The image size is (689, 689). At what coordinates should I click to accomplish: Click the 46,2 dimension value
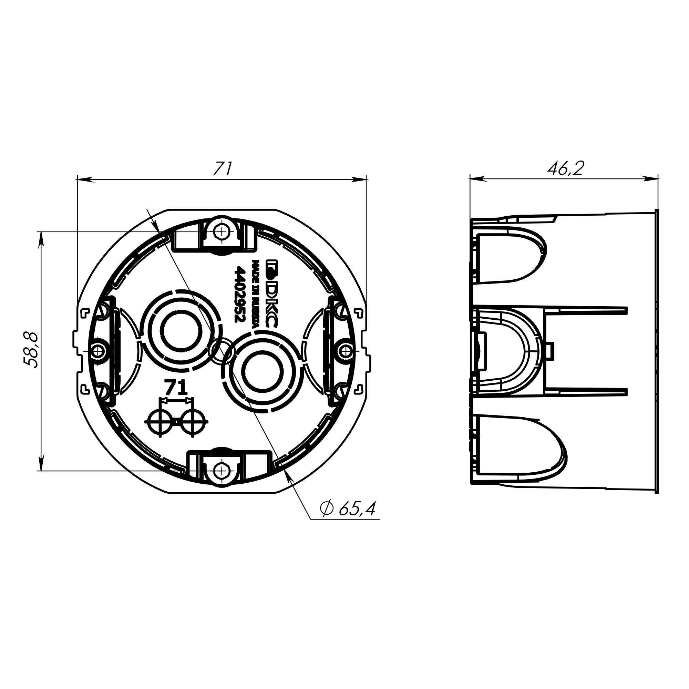tap(566, 168)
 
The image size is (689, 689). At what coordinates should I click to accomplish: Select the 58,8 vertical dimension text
tap(31, 350)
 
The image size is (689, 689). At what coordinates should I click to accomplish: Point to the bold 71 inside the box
tap(175, 388)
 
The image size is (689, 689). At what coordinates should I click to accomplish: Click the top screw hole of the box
tap(222, 233)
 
